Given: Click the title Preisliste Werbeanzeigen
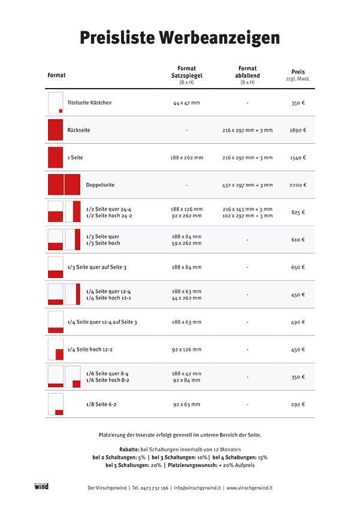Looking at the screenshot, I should tap(180, 38).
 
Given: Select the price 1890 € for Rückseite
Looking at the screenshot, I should tap(298, 130).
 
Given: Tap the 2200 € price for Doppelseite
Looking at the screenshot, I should tap(298, 185).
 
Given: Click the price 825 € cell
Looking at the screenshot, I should tap(298, 213).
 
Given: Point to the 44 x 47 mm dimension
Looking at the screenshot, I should tap(187, 103).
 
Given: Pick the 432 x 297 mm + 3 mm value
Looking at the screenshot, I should tap(247, 185).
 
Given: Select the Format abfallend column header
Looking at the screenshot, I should tap(247, 75).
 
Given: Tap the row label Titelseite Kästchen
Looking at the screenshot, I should tap(89, 103).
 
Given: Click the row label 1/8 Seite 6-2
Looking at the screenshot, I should tap(101, 405).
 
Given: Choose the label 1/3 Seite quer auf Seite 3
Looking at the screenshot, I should tap(97, 267).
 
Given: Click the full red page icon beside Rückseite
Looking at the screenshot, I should tap(56, 130).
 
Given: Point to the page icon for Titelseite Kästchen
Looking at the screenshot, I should tap(56, 103).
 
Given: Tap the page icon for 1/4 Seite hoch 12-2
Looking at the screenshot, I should tap(56, 350).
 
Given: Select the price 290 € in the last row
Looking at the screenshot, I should tap(298, 405).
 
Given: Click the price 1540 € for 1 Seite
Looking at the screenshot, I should tap(298, 157).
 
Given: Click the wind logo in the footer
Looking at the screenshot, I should tap(41, 486).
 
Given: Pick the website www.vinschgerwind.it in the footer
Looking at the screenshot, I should tap(255, 487).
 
